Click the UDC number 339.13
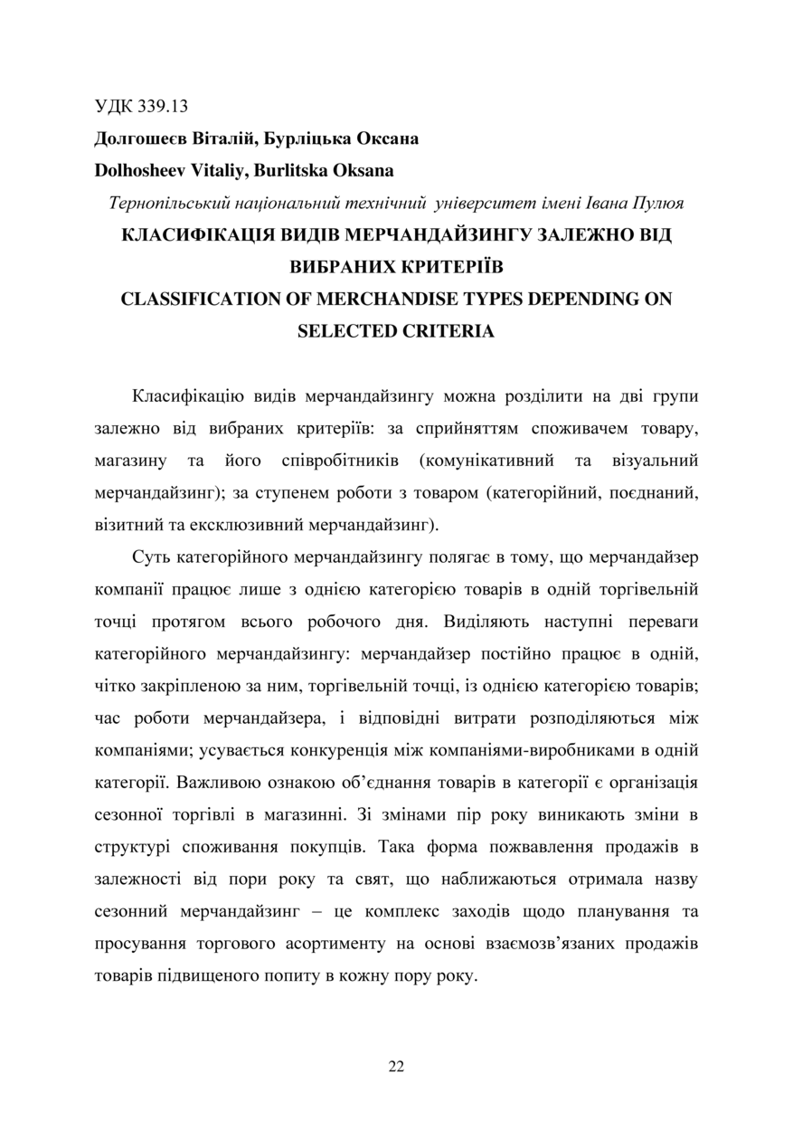coord(164,107)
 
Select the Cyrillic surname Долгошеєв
coord(141,139)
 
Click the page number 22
coord(396,1066)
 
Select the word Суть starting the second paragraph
coord(150,557)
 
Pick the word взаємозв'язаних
coord(526,944)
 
